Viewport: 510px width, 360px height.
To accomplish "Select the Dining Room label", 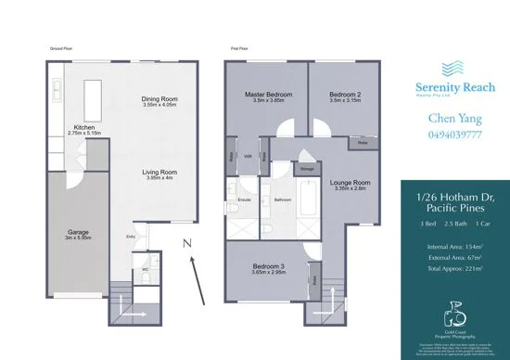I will (159, 100).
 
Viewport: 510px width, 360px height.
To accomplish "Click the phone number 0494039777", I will (452, 135).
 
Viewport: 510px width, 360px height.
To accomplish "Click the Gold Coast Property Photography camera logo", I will (452, 306).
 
